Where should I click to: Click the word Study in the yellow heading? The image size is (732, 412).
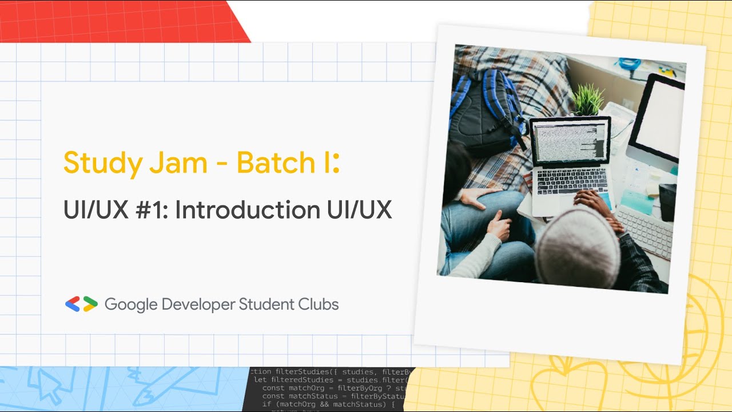102,163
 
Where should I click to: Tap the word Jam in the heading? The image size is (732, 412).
178,163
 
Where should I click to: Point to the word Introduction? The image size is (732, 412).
248,210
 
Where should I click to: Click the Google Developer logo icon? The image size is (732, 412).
81,304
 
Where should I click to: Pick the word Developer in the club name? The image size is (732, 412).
198,305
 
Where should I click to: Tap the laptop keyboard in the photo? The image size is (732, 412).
572,182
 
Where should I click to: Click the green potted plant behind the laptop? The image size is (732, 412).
588,100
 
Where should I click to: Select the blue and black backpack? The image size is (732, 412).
486,112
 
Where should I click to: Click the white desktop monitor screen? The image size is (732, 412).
659,120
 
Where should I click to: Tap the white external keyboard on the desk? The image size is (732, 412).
645,229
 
